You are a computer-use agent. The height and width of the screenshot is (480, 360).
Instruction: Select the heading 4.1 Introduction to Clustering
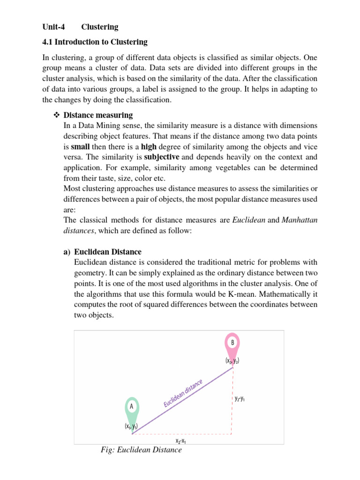coord(95,42)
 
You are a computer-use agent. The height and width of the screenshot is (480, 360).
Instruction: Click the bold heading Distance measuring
coord(98,115)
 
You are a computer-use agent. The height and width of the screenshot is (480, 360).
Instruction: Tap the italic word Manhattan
coord(300,220)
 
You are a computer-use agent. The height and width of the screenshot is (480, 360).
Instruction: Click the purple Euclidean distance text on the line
coord(183,393)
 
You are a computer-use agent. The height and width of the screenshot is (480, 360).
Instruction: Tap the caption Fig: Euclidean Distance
coord(141,450)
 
